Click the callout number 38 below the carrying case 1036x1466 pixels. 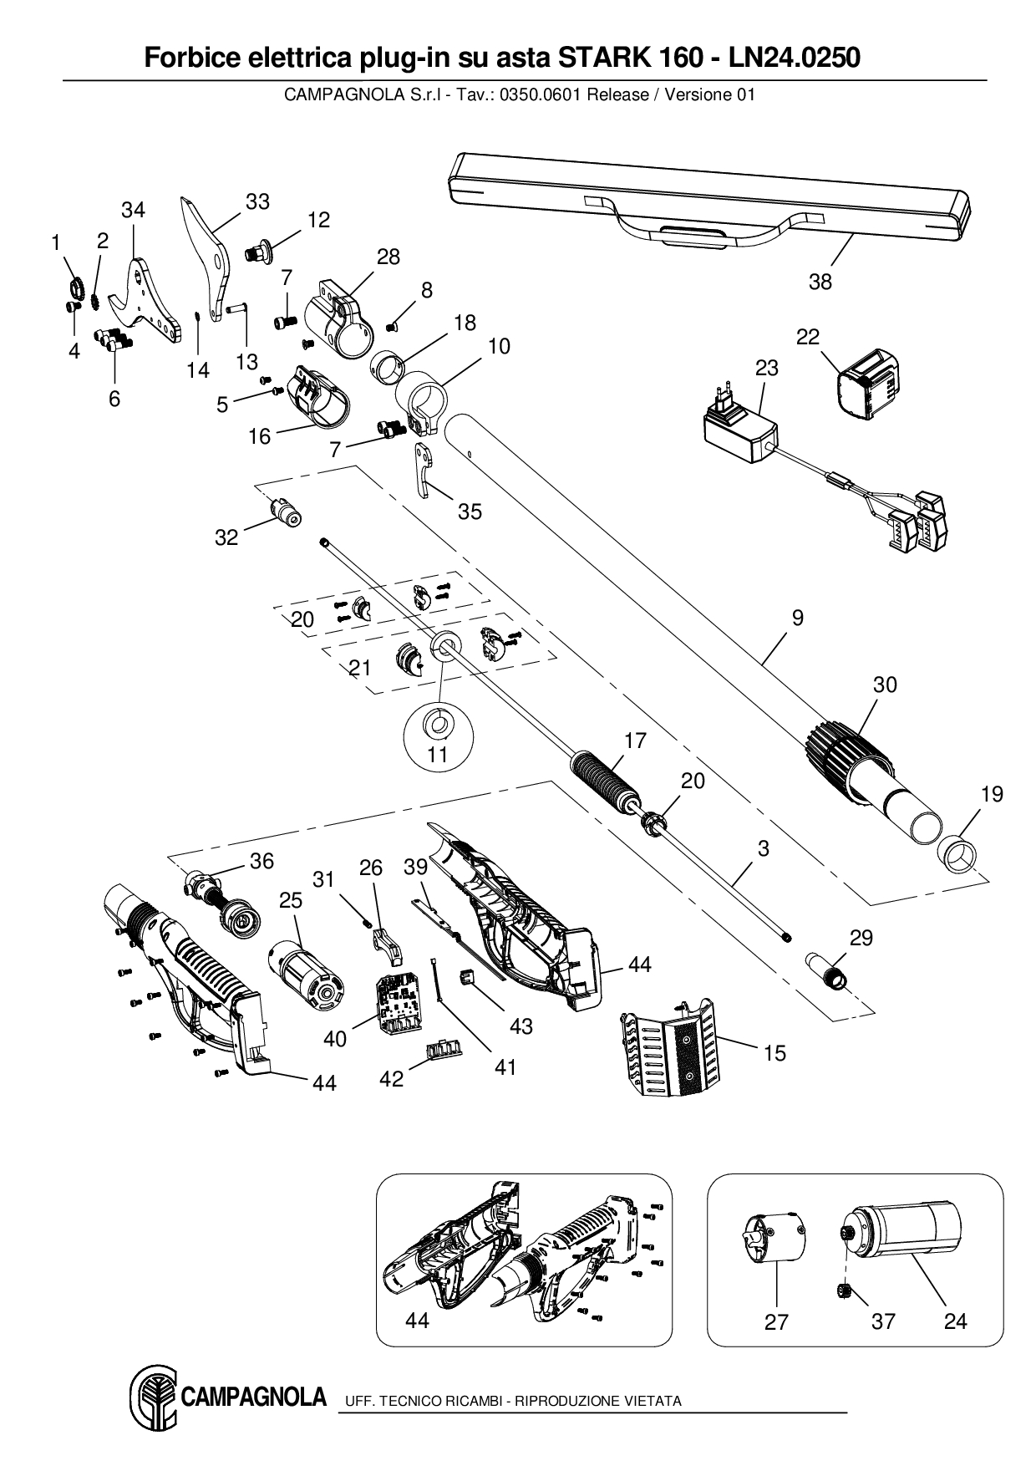[820, 283]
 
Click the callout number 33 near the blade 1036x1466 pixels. [258, 201]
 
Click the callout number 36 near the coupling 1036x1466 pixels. [262, 861]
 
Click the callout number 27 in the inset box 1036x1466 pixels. [776, 1321]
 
